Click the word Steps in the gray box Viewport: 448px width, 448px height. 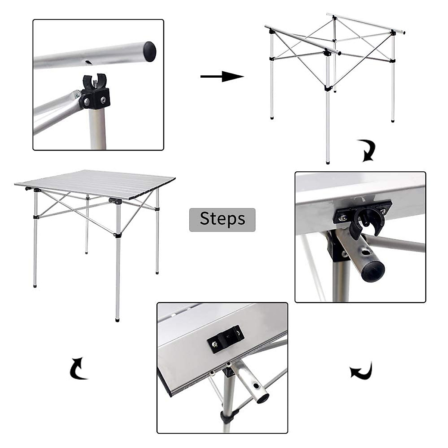point(223,219)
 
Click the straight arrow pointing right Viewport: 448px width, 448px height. point(222,77)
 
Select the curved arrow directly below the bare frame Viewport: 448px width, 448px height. point(367,150)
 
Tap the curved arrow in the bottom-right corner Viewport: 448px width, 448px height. point(362,371)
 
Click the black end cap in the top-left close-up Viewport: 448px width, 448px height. point(149,51)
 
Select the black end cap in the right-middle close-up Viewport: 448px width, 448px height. point(372,271)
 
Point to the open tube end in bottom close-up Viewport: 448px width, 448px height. point(262,398)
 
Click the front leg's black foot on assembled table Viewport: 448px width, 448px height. point(117,320)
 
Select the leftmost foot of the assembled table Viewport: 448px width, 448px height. point(35,286)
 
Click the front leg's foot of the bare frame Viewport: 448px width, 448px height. point(328,162)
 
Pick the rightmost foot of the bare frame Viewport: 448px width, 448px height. point(393,121)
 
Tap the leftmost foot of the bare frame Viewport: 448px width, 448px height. point(272,118)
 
